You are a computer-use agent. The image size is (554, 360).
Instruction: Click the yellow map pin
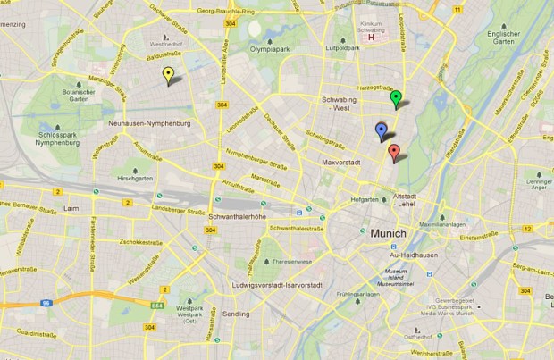(x=167, y=75)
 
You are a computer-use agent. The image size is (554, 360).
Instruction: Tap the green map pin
(x=396, y=97)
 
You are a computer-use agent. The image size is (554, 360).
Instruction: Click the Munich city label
(x=387, y=233)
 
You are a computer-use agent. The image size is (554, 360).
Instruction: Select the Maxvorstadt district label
(x=340, y=163)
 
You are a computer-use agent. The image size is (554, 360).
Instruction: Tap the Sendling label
(x=237, y=314)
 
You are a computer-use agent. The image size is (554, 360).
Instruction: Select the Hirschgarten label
(x=136, y=179)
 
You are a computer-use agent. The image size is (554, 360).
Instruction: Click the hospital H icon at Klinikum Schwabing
(x=372, y=38)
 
